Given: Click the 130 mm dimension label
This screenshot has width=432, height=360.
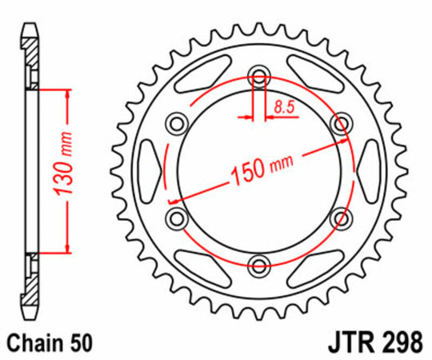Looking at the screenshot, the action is [x=64, y=164].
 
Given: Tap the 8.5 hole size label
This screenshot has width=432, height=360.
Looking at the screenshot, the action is [x=284, y=107].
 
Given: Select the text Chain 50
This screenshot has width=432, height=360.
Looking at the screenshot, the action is [x=50, y=343].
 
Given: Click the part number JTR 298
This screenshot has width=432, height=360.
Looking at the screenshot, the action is [x=375, y=343].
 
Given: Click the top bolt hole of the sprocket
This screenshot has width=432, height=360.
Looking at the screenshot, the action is [x=259, y=76].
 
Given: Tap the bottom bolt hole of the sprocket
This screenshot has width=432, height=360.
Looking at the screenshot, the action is [x=259, y=266].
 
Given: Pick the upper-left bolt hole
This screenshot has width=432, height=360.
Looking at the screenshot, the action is [x=177, y=124].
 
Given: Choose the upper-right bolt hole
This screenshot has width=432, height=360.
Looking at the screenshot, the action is [x=342, y=124].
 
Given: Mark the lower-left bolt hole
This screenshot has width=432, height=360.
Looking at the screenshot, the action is [x=177, y=218].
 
